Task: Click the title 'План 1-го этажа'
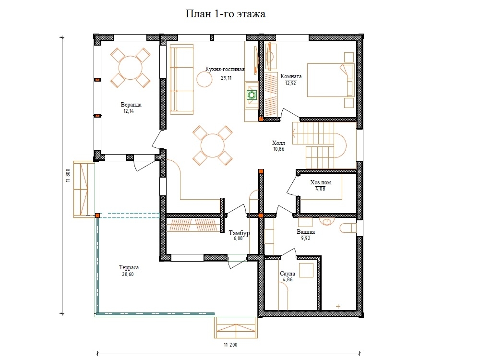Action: pyautogui.click(x=225, y=14)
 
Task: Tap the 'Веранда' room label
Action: pyautogui.click(x=131, y=105)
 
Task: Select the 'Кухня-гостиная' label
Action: pyautogui.click(x=225, y=70)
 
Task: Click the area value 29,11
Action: pyautogui.click(x=226, y=78)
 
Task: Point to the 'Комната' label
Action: pyautogui.click(x=291, y=76)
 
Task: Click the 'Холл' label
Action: pyautogui.click(x=278, y=143)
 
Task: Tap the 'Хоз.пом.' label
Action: pyautogui.click(x=321, y=182)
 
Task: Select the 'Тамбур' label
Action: pyautogui.click(x=239, y=233)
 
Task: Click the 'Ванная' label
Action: pyautogui.click(x=306, y=232)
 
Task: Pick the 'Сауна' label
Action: pyautogui.click(x=288, y=274)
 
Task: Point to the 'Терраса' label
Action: pyautogui.click(x=129, y=267)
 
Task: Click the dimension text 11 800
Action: pyautogui.click(x=68, y=175)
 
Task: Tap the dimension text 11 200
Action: pyautogui.click(x=230, y=345)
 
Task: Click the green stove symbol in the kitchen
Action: pyautogui.click(x=252, y=95)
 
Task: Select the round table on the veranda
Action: pyautogui.click(x=131, y=68)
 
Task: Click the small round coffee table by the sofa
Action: pyautogui.click(x=204, y=79)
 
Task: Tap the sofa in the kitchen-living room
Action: pyautogui.click(x=181, y=80)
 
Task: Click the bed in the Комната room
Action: pyautogui.click(x=331, y=80)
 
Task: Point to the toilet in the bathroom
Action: pyautogui.click(x=348, y=228)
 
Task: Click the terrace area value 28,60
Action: pyautogui.click(x=128, y=274)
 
